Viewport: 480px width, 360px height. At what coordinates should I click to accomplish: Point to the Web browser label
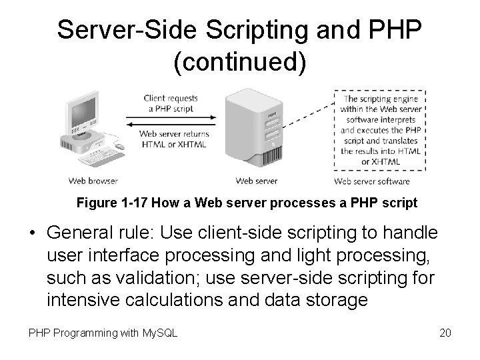[94, 181]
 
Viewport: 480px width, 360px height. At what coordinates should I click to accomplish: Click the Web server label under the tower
[257, 181]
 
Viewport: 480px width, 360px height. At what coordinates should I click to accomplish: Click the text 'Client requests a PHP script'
[171, 103]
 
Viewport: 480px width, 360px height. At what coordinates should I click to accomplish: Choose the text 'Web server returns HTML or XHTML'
[173, 139]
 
